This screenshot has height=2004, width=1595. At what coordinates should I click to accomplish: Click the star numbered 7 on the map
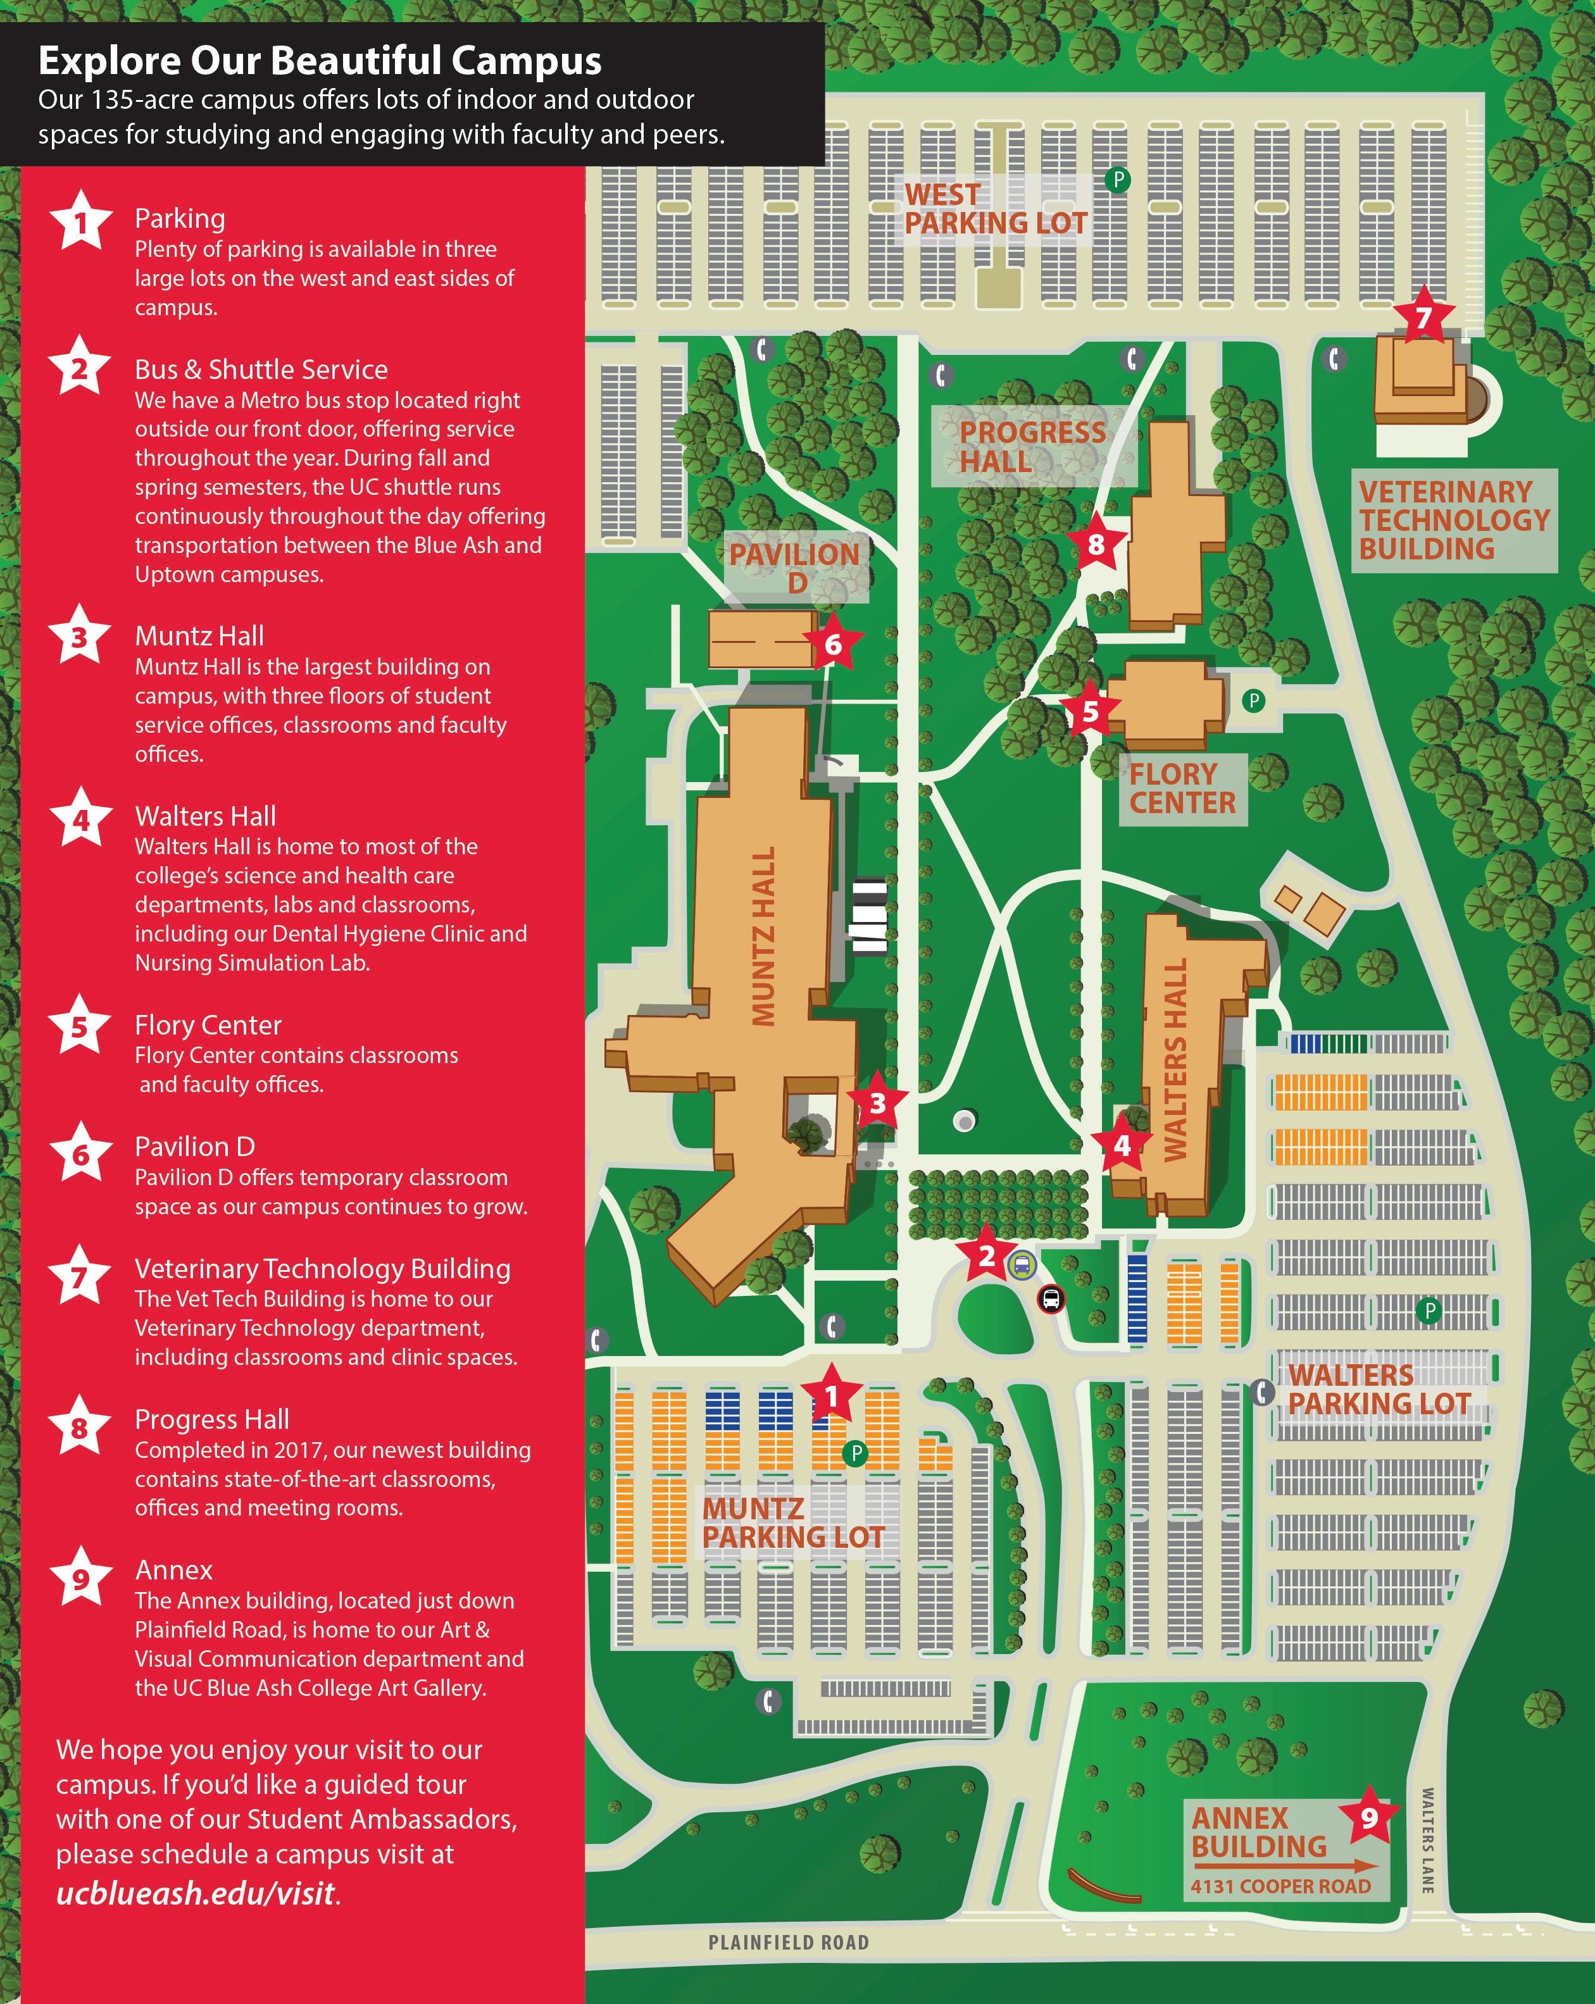(x=1423, y=318)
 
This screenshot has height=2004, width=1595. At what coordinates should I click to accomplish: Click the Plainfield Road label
(x=788, y=1942)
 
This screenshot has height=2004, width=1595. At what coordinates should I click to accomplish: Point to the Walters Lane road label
(x=1428, y=1840)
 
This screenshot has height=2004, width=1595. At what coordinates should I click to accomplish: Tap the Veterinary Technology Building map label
(x=1453, y=521)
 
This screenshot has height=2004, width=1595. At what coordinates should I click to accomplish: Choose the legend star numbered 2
(x=80, y=369)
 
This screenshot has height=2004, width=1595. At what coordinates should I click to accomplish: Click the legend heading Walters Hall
(x=206, y=816)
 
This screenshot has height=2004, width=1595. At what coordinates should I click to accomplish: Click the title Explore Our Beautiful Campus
(x=320, y=61)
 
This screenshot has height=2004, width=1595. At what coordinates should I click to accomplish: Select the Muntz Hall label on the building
(x=764, y=937)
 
